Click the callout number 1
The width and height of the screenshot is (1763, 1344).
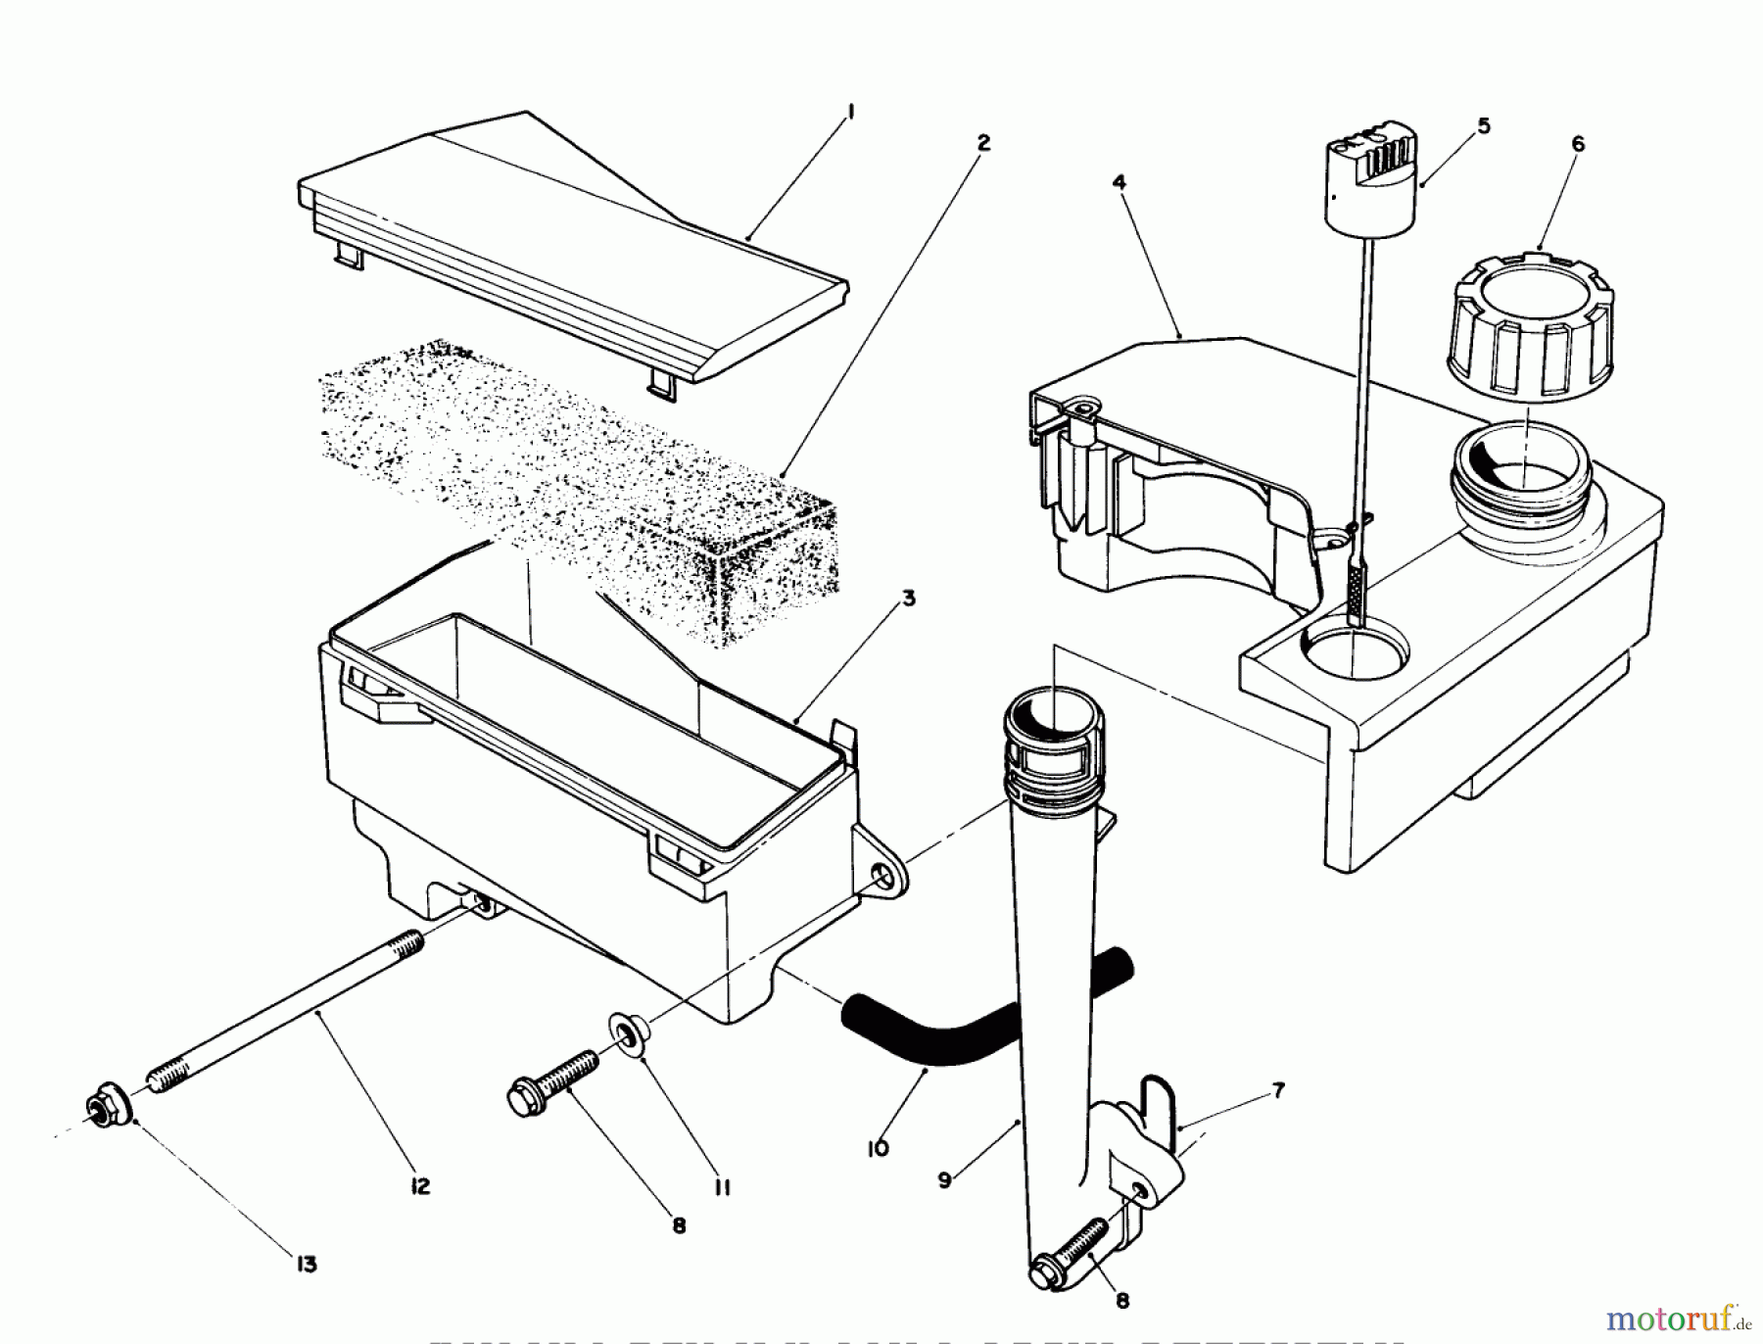click(x=850, y=113)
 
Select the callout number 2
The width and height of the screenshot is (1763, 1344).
click(x=983, y=143)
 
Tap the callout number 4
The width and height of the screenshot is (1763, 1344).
click(x=1120, y=182)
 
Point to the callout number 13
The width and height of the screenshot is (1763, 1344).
click(x=307, y=1265)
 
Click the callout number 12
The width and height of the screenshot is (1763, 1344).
click(x=419, y=1186)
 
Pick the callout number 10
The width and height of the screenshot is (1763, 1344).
click(x=878, y=1147)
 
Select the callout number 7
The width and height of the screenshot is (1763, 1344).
click(x=1278, y=1090)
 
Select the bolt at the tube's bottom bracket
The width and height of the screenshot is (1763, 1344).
click(x=1068, y=1254)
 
